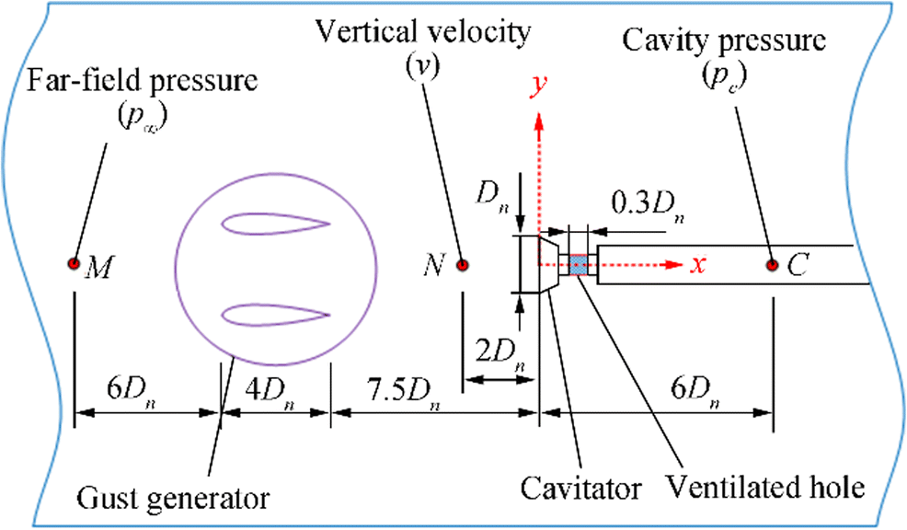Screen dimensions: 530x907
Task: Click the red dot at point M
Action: (73, 264)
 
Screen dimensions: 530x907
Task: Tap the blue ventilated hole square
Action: (578, 265)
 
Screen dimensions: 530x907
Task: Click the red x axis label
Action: (699, 265)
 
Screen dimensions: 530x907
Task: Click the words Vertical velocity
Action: (424, 31)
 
